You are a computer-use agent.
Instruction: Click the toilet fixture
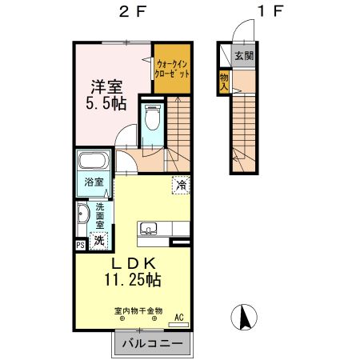pos(153,117)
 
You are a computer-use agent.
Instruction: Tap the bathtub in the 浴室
pos(93,161)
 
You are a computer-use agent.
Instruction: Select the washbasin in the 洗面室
pos(82,214)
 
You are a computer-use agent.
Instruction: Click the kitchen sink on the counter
pos(149,229)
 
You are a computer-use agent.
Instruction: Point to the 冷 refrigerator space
pos(181,185)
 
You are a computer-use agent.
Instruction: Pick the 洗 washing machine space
pos(99,241)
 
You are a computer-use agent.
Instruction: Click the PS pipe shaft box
pos(81,245)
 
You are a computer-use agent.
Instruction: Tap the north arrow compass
pos(244,318)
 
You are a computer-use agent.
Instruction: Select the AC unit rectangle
pos(178,325)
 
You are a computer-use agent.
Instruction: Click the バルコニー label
pos(153,343)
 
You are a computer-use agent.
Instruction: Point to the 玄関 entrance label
pos(244,56)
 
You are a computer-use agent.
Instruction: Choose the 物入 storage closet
pos(224,82)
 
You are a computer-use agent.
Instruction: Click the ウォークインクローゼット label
pos(172,69)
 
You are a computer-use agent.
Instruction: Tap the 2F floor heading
pos(133,12)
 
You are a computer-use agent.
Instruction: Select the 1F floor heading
pos(270,12)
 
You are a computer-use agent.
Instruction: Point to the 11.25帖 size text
pos(133,280)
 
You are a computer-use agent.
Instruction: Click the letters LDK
pos(133,264)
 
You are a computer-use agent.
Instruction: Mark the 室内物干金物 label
pos(138,311)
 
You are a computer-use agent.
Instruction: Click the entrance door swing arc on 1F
pos(238,26)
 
